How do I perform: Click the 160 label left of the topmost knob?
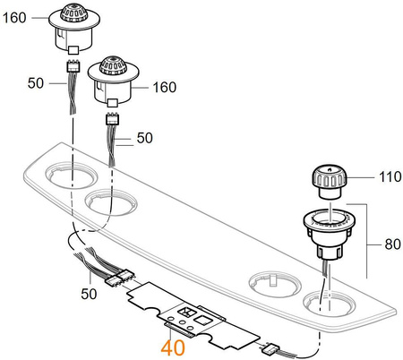tap(16, 14)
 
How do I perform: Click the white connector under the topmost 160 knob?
tap(72, 66)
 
